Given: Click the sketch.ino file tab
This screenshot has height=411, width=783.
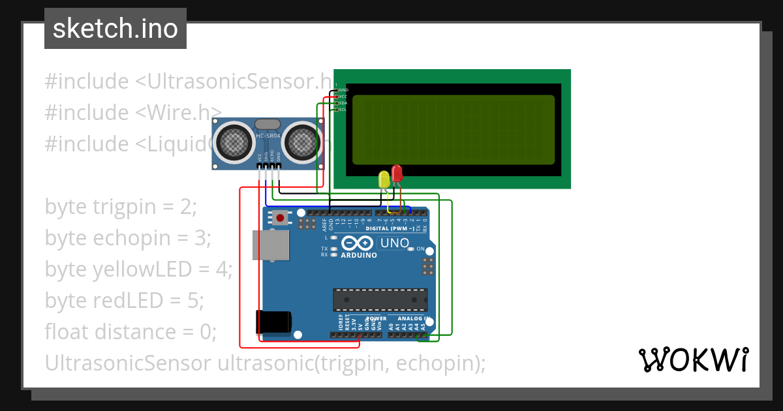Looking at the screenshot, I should (x=115, y=29).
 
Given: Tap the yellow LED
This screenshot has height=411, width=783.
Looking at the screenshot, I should (x=384, y=179).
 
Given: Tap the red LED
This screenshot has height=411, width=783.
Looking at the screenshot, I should (x=397, y=174).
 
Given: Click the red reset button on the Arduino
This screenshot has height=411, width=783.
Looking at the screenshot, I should (x=281, y=218).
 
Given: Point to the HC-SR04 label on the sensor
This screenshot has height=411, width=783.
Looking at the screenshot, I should (x=268, y=136).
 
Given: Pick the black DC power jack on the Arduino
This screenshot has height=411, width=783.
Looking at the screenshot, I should (x=273, y=322).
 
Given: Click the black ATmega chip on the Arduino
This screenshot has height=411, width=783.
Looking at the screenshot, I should (x=380, y=299).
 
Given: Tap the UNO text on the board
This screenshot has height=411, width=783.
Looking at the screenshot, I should (x=395, y=243).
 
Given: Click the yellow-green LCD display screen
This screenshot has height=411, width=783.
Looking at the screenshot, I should (x=453, y=130).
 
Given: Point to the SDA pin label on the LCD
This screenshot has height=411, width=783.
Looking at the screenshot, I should (x=343, y=103).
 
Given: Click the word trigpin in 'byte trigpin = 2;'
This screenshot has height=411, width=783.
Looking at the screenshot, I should (x=125, y=207).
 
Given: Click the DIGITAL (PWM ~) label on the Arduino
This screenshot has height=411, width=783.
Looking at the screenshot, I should (x=390, y=228).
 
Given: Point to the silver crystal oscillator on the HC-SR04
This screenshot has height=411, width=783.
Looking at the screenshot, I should (x=268, y=124).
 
